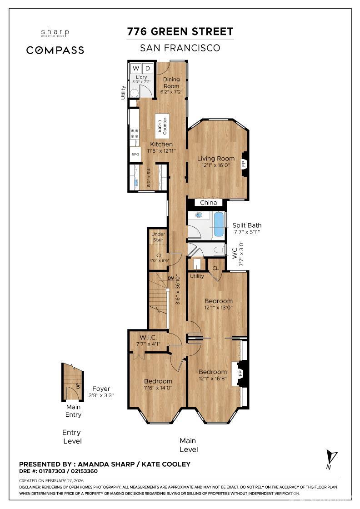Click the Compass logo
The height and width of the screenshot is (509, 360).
pyautogui.click(x=55, y=50)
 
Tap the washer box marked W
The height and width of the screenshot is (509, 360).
pyautogui.click(x=135, y=68)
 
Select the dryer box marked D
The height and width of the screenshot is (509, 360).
pyautogui.click(x=147, y=68)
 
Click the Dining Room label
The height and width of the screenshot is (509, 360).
pyautogui.click(x=171, y=83)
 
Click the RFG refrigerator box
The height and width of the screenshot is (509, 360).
pyautogui.click(x=135, y=155)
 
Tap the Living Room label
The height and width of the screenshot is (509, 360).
pyautogui.click(x=216, y=159)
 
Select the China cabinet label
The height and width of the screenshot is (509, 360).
pyautogui.click(x=209, y=203)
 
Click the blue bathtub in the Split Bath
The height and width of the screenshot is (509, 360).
pyautogui.click(x=219, y=225)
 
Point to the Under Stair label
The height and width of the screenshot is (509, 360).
pyautogui.click(x=158, y=237)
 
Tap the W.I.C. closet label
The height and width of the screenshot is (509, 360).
pyautogui.click(x=148, y=337)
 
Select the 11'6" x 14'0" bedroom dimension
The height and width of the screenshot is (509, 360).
pyautogui.click(x=158, y=388)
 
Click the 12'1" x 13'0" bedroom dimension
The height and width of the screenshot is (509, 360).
pyautogui.click(x=218, y=307)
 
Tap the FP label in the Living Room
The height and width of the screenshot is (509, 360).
pyautogui.click(x=243, y=164)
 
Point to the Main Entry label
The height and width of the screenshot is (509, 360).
pyautogui.click(x=73, y=411)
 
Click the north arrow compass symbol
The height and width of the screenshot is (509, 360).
pyautogui.click(x=332, y=457)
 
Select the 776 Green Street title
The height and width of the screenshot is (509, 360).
pyautogui.click(x=180, y=31)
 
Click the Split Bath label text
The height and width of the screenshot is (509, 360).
pyautogui.click(x=247, y=225)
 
